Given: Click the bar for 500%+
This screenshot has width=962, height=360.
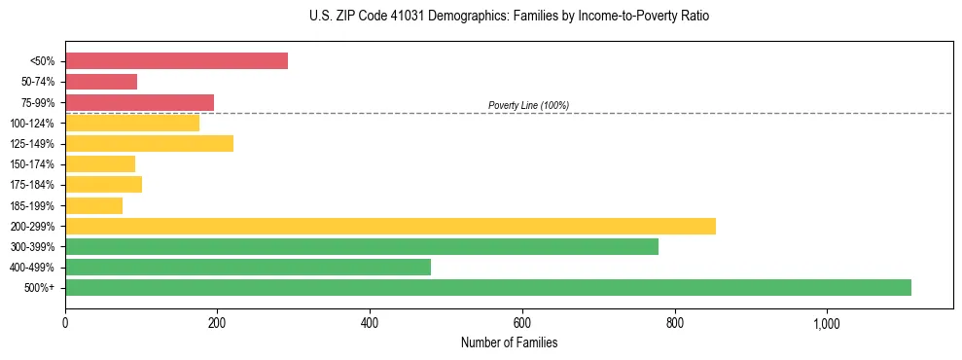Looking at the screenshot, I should click(x=487, y=287).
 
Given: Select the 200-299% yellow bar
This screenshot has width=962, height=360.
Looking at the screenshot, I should click(x=390, y=226).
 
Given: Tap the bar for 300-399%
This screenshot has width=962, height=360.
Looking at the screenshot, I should click(x=361, y=246).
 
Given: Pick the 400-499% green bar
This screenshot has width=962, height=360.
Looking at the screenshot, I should click(x=247, y=267).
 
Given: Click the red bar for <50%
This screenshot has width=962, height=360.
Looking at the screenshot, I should click(x=176, y=60).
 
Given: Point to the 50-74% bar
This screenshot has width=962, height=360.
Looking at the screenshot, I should click(x=101, y=82).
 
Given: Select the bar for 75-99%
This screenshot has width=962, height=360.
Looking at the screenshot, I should click(x=139, y=102).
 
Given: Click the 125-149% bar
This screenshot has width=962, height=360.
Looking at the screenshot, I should click(x=149, y=143).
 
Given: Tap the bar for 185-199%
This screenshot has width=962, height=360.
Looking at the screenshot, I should click(x=93, y=205).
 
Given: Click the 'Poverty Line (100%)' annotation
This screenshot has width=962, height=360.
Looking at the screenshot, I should click(x=528, y=105).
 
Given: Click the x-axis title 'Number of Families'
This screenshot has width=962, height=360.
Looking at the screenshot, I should click(x=509, y=342).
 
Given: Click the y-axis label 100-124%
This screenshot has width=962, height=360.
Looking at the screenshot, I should click(x=32, y=124).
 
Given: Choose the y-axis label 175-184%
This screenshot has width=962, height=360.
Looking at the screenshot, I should click(x=32, y=185).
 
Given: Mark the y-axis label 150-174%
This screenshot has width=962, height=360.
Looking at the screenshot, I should click(x=32, y=164).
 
